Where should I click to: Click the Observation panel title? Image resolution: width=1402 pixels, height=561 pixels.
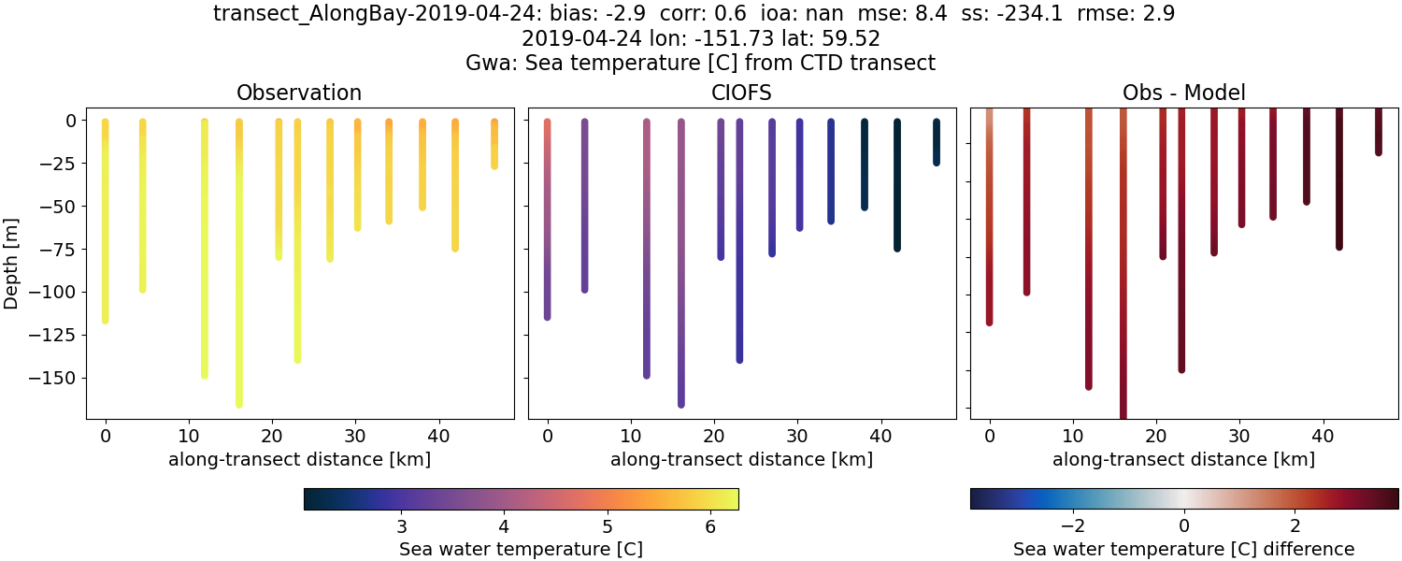coord(299,93)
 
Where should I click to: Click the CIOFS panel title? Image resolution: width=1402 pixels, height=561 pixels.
coord(741,93)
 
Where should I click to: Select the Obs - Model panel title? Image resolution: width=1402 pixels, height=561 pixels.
coord(1183,93)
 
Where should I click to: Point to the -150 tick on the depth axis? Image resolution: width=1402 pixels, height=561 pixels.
coord(58,378)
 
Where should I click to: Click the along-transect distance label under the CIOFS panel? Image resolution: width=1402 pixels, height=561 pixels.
coord(741,459)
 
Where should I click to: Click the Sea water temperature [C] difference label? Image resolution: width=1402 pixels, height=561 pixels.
coord(1183,549)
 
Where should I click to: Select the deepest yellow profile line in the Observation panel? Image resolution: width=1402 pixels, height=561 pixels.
coord(239,280)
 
